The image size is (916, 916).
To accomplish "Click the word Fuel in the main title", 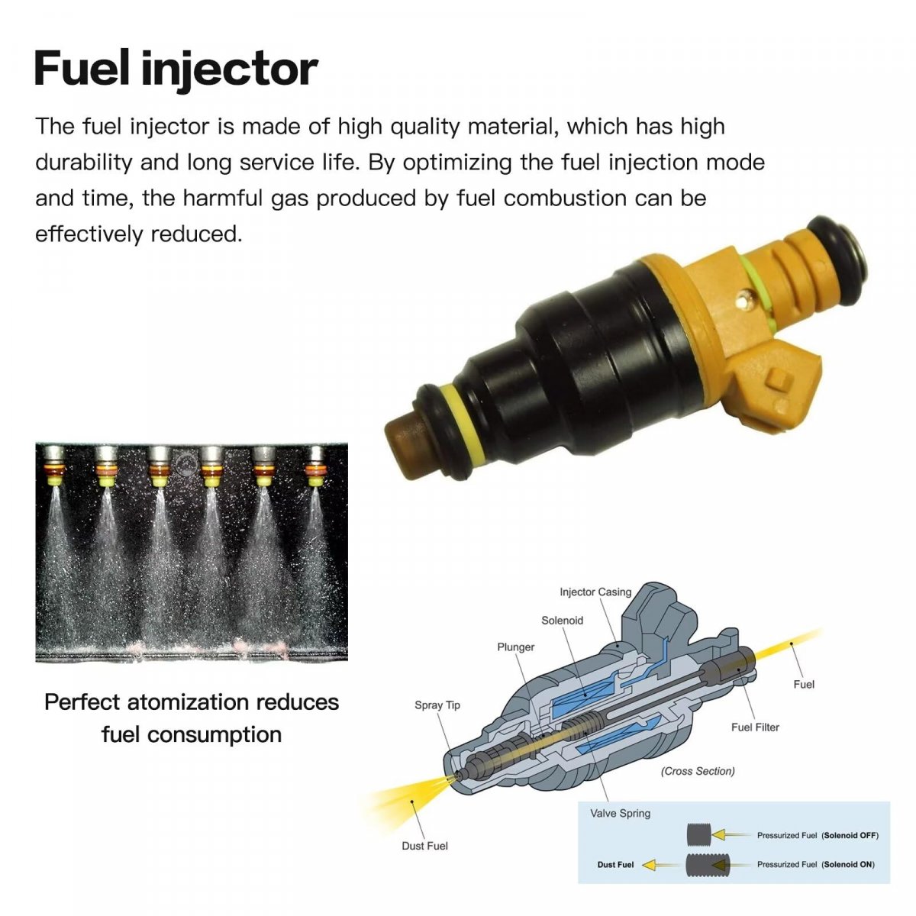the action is (x=81, y=69).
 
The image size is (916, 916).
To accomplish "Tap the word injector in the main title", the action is (x=230, y=71).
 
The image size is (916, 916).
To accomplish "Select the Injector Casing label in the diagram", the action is (x=595, y=592).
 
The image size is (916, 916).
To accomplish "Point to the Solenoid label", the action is (x=562, y=621).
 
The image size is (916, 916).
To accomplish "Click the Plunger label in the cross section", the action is (x=516, y=647).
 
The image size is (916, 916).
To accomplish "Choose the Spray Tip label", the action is (x=437, y=705).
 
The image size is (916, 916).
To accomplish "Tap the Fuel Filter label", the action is (x=755, y=727).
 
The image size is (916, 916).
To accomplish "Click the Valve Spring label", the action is (x=620, y=813).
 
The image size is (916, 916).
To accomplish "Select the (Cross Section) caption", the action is (x=698, y=771).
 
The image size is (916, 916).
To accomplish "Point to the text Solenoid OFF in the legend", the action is (x=850, y=835).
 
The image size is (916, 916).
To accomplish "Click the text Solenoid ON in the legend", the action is (x=849, y=864).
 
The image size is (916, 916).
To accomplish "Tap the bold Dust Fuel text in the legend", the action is (x=615, y=864).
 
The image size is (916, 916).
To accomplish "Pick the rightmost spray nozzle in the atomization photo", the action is (x=315, y=466).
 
